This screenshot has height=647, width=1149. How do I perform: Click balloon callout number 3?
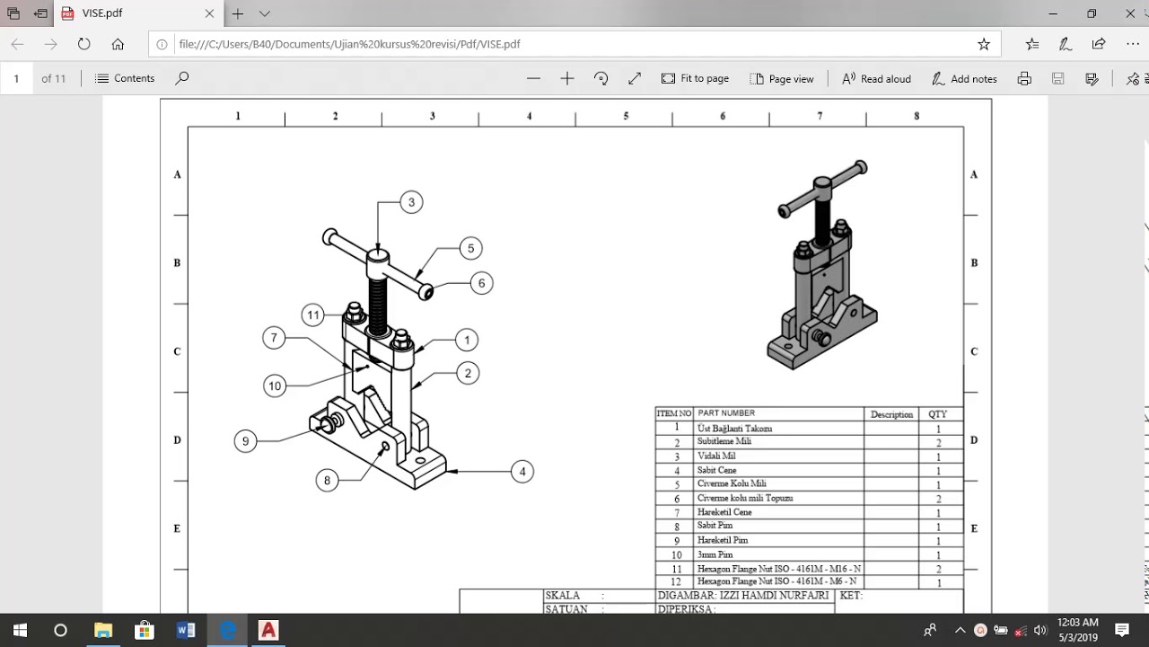click(x=411, y=202)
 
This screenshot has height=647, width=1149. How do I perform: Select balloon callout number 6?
click(x=481, y=283)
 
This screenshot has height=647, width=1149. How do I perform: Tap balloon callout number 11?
click(x=312, y=315)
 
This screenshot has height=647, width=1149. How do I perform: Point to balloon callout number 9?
click(x=245, y=441)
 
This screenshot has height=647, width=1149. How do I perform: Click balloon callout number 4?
click(x=522, y=471)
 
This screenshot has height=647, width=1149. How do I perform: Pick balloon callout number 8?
click(x=327, y=481)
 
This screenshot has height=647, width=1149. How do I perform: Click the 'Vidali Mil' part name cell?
click(x=716, y=456)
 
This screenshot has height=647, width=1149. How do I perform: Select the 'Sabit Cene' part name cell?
click(x=716, y=470)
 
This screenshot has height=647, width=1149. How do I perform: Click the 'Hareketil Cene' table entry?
click(x=724, y=512)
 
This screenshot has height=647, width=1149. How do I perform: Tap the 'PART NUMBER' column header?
click(x=726, y=413)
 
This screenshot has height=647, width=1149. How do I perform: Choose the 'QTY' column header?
click(x=937, y=414)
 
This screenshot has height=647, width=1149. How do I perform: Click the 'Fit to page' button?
click(x=695, y=78)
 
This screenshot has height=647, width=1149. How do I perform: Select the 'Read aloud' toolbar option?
click(x=876, y=78)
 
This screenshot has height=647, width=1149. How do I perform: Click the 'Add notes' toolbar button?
click(x=964, y=78)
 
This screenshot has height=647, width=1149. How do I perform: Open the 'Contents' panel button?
click(x=125, y=78)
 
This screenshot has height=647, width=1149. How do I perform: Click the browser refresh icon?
click(x=84, y=44)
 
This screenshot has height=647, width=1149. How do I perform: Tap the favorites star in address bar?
click(x=984, y=44)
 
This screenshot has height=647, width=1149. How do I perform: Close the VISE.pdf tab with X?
click(x=209, y=13)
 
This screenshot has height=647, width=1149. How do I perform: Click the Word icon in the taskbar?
click(x=186, y=630)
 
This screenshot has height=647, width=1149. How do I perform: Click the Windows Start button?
click(x=20, y=630)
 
